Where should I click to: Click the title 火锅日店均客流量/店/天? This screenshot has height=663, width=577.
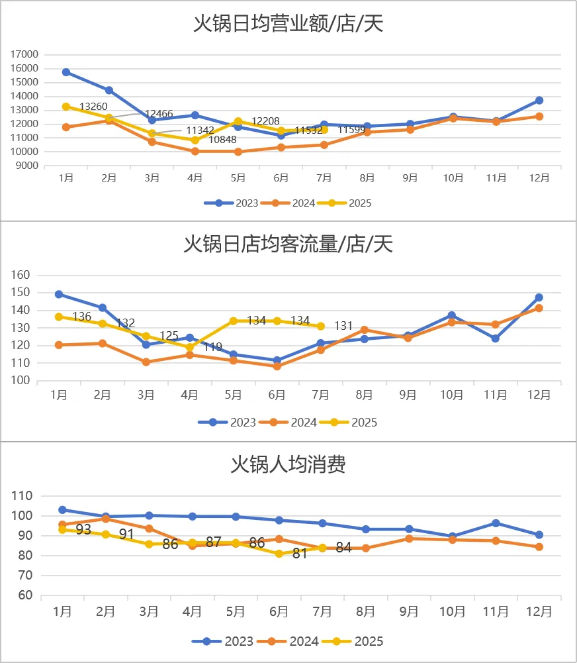288,244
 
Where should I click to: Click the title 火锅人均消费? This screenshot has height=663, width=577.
288,464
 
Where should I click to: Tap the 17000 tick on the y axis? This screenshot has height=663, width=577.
25,54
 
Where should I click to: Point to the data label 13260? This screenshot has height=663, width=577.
93,106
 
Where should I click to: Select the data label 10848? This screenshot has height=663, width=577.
222,140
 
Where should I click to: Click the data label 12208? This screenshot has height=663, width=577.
265,121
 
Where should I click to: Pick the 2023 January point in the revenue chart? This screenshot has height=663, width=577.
66,72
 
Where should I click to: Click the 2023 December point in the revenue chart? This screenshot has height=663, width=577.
539,100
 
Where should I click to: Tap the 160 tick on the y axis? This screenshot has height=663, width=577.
22,275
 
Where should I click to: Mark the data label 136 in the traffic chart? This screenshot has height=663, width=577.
81,317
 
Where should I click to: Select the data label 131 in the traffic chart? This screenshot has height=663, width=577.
343,326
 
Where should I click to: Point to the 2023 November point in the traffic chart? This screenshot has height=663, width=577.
496,338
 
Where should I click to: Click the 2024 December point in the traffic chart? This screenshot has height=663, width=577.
539,308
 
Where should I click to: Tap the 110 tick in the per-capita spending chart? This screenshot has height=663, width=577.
22,495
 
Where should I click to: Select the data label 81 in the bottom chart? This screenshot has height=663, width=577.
300,554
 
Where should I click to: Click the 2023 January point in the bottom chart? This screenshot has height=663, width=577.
62,510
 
